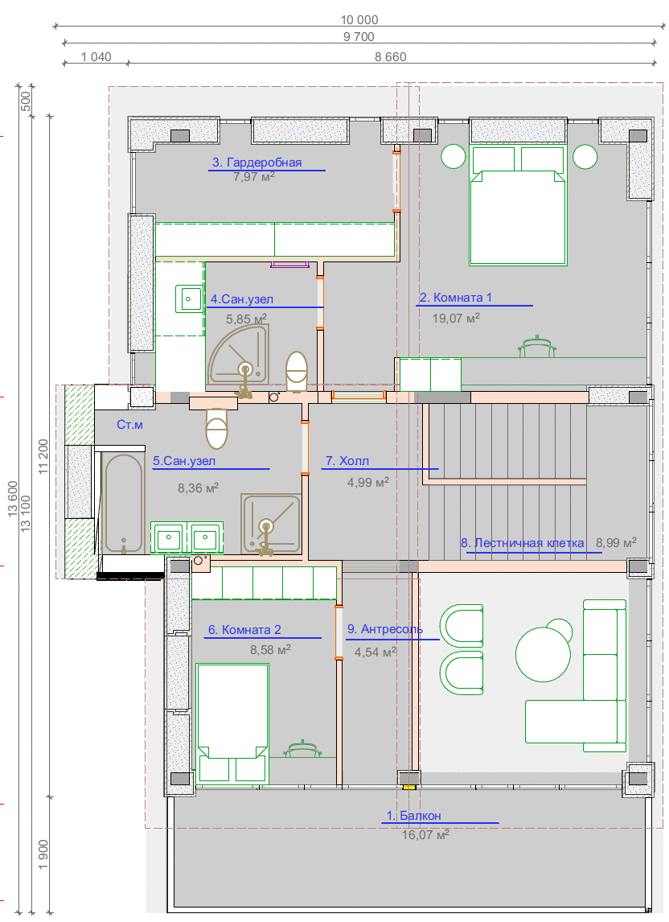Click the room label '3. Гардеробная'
[257, 163]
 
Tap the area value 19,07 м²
[456, 318]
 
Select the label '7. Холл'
[347, 461]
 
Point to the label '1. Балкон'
[413, 816]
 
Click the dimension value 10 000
[359, 19]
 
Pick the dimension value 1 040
[96, 56]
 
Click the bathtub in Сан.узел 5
[124, 504]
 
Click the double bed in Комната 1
[518, 206]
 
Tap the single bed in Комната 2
[232, 724]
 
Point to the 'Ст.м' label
[129, 425]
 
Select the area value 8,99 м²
[616, 543]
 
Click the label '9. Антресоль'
[385, 629]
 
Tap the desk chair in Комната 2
[303, 749]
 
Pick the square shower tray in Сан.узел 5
[271, 524]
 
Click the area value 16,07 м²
[425, 834]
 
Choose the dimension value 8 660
[390, 56]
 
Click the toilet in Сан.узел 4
[297, 370]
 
